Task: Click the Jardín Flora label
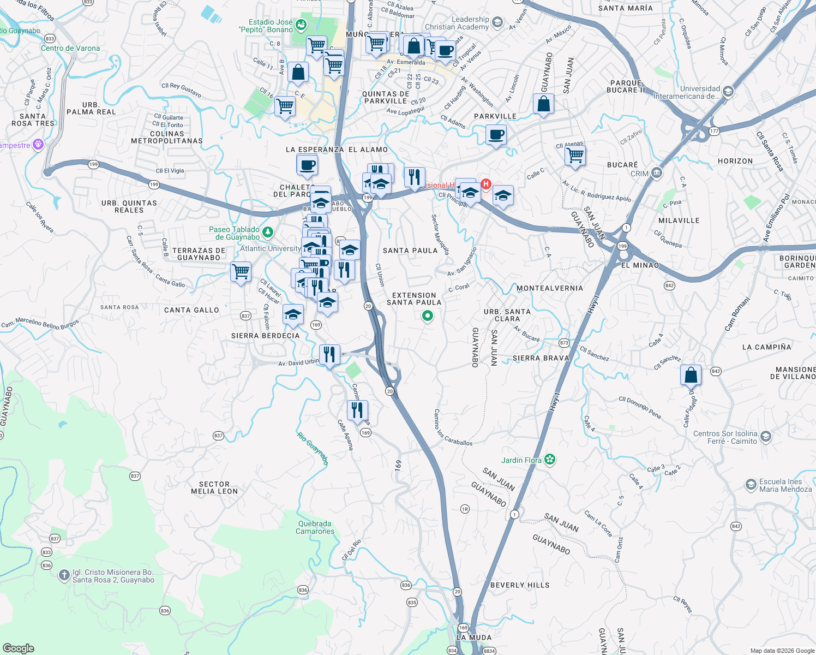click(x=521, y=460)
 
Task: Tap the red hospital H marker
click(x=485, y=184)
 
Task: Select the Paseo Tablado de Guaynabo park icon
click(x=267, y=233)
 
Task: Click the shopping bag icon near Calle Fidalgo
click(x=691, y=376)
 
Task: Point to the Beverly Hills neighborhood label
click(x=520, y=585)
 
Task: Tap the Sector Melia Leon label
click(x=214, y=487)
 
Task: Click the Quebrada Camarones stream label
click(x=315, y=527)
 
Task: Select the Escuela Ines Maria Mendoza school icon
click(x=751, y=485)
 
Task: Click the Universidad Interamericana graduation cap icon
click(x=728, y=92)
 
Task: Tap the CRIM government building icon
click(x=656, y=174)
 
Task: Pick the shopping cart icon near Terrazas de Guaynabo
click(x=241, y=271)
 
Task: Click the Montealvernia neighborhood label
click(x=549, y=288)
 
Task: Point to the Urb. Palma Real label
click(x=91, y=108)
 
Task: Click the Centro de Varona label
click(x=70, y=48)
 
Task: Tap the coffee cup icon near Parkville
click(x=496, y=134)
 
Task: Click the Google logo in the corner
click(x=18, y=648)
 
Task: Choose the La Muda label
click(x=473, y=638)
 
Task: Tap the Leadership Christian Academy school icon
click(x=497, y=22)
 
